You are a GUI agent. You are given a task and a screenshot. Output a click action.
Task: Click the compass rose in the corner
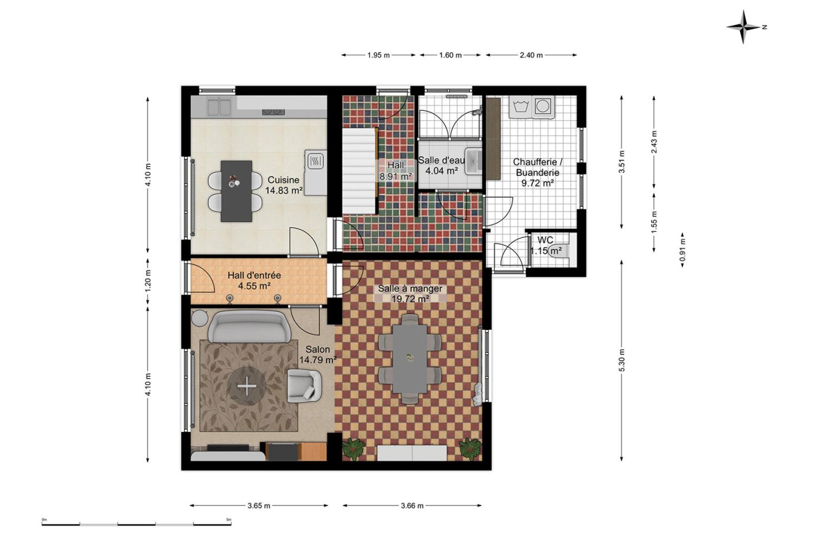pyautogui.click(x=743, y=27)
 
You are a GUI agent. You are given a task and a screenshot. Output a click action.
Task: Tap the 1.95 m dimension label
pyautogui.click(x=378, y=55)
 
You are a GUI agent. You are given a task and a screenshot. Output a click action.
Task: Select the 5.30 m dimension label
pyautogui.click(x=622, y=360)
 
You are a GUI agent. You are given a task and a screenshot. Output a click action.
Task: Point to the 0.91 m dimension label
pyautogui.click(x=682, y=250)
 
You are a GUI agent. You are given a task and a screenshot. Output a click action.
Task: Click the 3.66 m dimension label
pyautogui.click(x=412, y=506)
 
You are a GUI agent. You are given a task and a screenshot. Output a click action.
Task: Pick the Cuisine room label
pyautogui.click(x=284, y=180)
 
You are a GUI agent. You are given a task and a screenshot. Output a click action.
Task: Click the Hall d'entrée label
pyautogui.click(x=254, y=275)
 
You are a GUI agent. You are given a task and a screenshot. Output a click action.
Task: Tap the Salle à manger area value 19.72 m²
pyautogui.click(x=411, y=299)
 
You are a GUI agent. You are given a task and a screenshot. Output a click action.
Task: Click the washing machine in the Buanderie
pyautogui.click(x=543, y=107)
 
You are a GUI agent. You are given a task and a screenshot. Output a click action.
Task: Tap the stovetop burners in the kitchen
pyautogui.click(x=273, y=111)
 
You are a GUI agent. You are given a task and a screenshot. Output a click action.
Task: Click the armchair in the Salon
pyautogui.click(x=304, y=385)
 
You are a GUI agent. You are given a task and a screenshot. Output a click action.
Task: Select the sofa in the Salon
pyautogui.click(x=249, y=326)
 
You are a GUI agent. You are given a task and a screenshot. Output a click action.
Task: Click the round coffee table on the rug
pyautogui.click(x=246, y=387)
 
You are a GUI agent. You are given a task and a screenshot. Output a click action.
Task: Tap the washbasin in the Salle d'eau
pyautogui.click(x=473, y=161)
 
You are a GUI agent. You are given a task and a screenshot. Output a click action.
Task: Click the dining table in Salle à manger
pyautogui.click(x=410, y=358)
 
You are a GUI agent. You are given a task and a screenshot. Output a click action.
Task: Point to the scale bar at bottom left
pyautogui.click(x=136, y=524)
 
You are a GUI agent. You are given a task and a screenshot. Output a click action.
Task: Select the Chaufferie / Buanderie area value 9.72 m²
pyautogui.click(x=537, y=183)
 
